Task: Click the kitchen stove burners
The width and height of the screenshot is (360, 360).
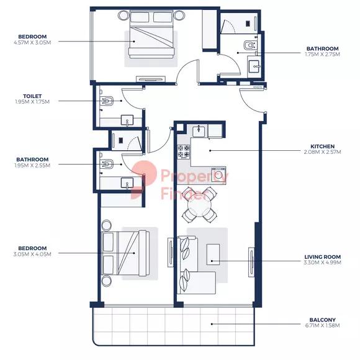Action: [184, 151]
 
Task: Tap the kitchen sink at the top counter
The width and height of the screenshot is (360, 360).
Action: [200, 131]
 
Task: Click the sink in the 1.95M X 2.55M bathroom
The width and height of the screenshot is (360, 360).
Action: [127, 182]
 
